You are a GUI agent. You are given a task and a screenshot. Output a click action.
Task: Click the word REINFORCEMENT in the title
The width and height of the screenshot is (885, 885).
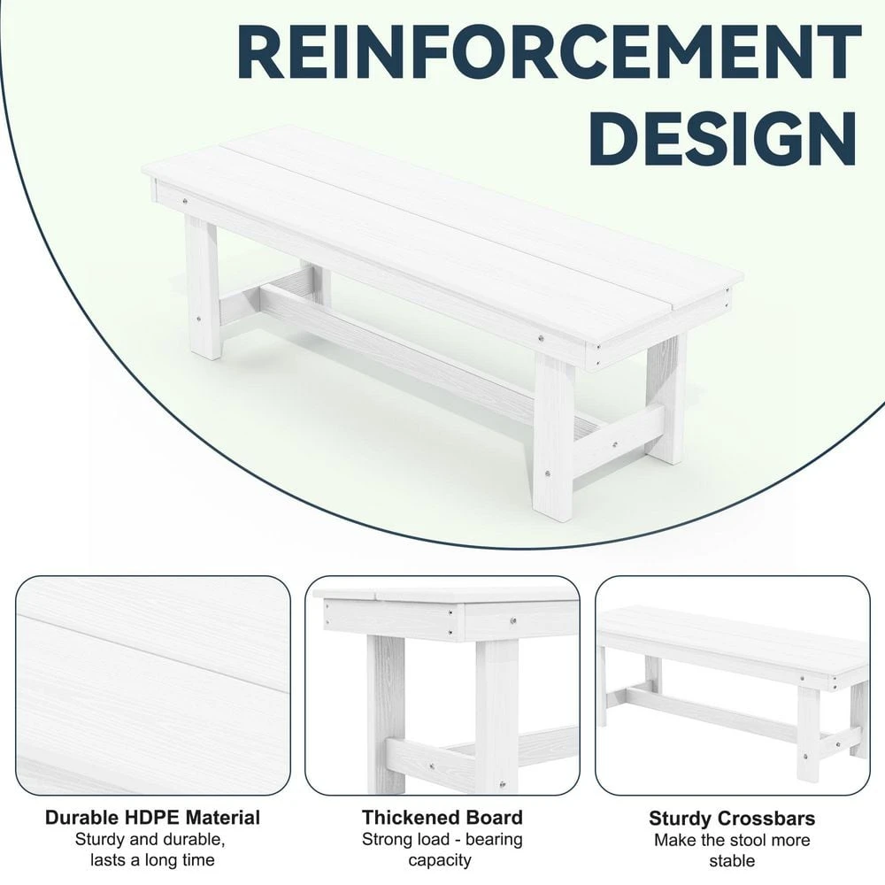click(549, 55)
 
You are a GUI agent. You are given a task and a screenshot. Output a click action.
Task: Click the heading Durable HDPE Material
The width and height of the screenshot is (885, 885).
click(152, 817)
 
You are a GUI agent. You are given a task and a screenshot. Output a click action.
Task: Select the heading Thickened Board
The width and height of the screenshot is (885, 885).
click(442, 817)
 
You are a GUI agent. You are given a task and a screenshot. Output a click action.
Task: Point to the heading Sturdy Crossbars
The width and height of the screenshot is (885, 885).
click(732, 819)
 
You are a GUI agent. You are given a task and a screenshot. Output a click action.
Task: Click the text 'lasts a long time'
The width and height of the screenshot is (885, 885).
click(152, 859)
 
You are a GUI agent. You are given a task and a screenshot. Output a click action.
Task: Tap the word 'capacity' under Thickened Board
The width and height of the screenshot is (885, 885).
click(442, 859)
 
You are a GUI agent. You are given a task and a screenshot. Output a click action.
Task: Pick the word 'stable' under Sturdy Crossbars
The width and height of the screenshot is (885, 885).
click(731, 860)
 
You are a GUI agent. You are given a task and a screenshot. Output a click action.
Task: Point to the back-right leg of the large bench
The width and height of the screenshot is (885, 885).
click(666, 398)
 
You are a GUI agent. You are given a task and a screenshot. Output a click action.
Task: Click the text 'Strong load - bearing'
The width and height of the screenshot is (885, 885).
click(442, 839)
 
